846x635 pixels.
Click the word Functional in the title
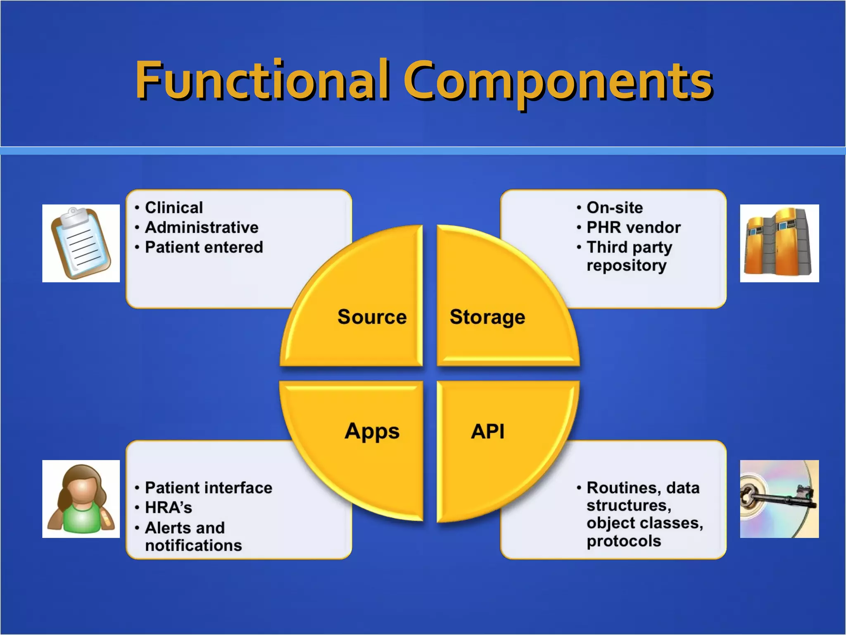pos(262,80)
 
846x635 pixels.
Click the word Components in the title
pos(558,80)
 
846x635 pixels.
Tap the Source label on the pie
pos(372,317)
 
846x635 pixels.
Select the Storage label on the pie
pos(487,317)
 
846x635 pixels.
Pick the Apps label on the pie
pos(372,432)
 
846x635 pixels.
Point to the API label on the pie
pos(487,432)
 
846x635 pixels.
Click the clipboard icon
pos(81,243)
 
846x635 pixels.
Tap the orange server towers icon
pos(779,243)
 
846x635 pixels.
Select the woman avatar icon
pos(81,499)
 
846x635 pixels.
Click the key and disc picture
pos(779,499)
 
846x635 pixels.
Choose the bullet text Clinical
pos(174,208)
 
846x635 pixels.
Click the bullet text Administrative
pos(202,227)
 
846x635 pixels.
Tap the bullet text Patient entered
pos(204,247)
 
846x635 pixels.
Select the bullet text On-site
pos(615,208)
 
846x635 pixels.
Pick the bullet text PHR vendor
pos(634,227)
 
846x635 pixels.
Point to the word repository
pos(627,265)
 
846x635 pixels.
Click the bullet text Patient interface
pos(209,488)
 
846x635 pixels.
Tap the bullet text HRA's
pos(169,508)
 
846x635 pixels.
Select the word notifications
pos(193,546)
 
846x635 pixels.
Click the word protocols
pos(624,541)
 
